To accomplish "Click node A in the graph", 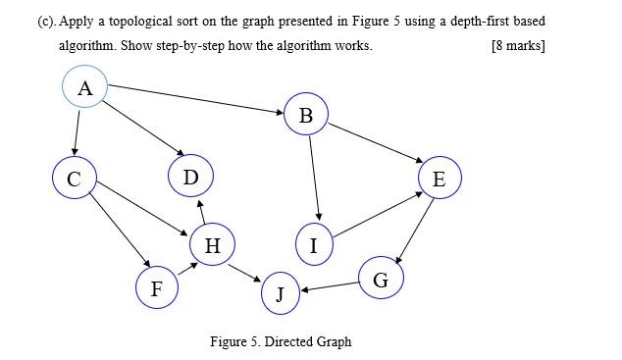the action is point(85,88).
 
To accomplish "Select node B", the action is point(306,116).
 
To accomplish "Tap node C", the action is point(75,179).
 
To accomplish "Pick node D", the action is point(190,177).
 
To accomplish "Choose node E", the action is point(439,179).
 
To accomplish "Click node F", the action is point(156,287).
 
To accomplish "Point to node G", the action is point(381,279).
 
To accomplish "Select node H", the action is point(212,244).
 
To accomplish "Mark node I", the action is point(314,244).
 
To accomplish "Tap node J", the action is point(281,293).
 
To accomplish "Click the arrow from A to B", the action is point(196,100).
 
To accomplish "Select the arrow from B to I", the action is point(313,177).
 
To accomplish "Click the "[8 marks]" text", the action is point(517,46).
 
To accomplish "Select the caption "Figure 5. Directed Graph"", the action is point(281,341).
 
